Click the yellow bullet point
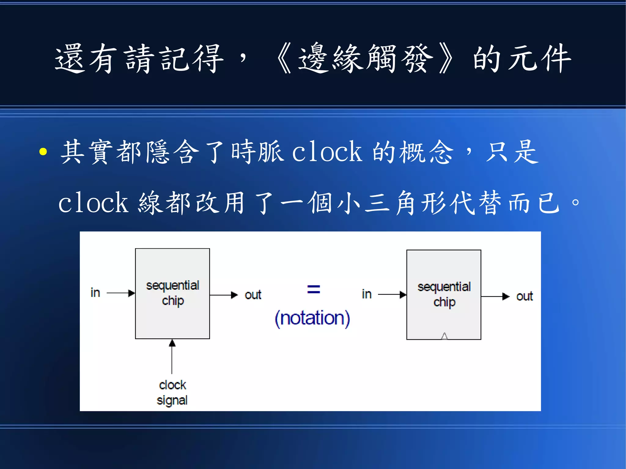[x=43, y=152]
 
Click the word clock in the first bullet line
[x=327, y=152]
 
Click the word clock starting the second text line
[x=93, y=203]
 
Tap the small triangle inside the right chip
[x=444, y=336]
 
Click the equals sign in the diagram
[x=314, y=289]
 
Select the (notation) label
[x=312, y=318]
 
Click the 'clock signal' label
[x=172, y=393]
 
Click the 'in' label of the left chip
[x=95, y=293]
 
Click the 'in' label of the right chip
[x=366, y=294]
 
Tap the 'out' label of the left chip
[x=253, y=295]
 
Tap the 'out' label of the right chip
[x=524, y=296]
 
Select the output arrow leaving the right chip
[x=495, y=296]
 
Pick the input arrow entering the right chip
[x=392, y=295]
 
